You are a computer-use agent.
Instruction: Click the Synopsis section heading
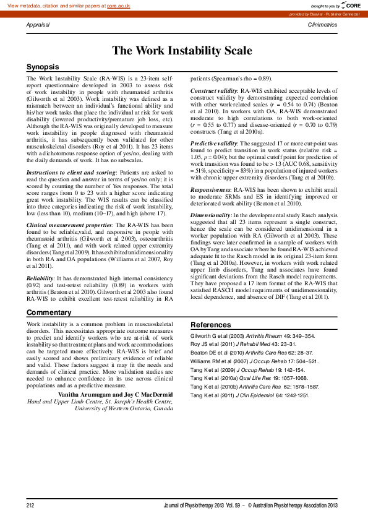pos(43,66)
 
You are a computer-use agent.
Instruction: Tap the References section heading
pos(210,325)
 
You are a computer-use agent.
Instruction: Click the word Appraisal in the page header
pos(38,24)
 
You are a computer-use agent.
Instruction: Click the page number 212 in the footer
pos(30,506)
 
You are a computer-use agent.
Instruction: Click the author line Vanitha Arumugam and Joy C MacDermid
pos(116,377)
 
